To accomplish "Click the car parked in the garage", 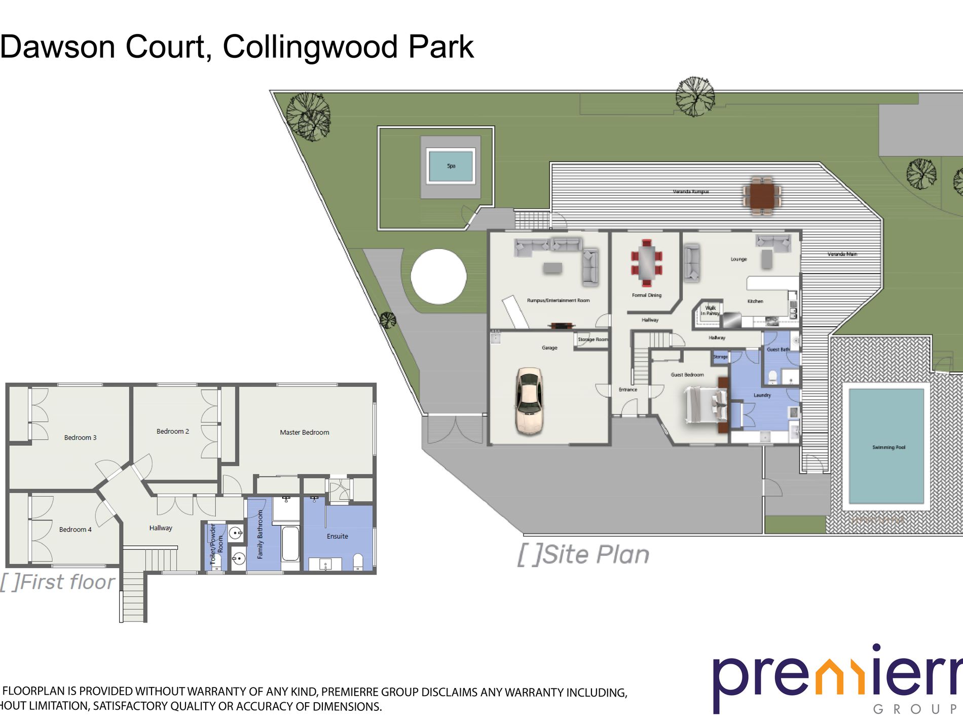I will click(x=529, y=401).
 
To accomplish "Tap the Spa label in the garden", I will click(x=451, y=166).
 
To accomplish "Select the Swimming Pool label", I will click(x=888, y=447).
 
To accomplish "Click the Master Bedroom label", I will click(x=304, y=432).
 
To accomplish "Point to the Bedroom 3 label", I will click(x=80, y=437).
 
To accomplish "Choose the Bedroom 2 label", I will click(x=172, y=431).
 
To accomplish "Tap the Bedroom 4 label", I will click(x=75, y=529).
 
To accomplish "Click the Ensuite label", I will click(x=337, y=536).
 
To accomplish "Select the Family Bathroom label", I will click(x=260, y=534).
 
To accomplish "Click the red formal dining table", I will click(x=647, y=263).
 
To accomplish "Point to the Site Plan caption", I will click(x=583, y=555).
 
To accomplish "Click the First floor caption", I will click(x=58, y=582).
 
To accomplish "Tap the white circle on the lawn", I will click(x=438, y=277).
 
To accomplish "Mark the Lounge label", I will click(x=738, y=259).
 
